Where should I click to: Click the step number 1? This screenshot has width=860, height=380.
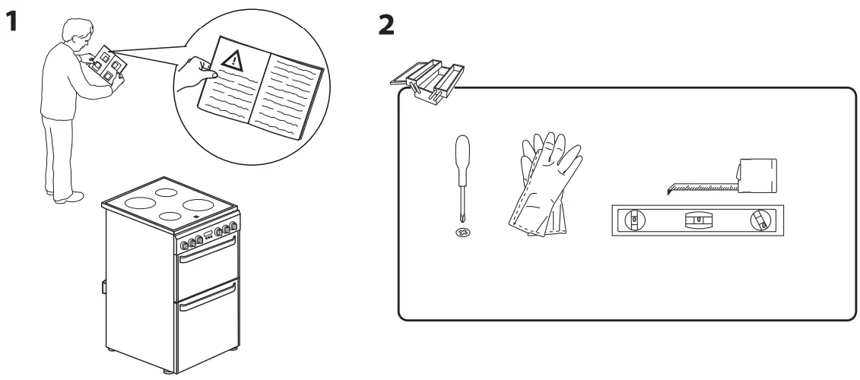coord(10,23)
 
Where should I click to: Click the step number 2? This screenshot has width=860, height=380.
coord(386,25)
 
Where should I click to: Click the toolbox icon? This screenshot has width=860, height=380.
coord(427,78)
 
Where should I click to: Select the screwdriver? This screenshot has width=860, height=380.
coord(460,176)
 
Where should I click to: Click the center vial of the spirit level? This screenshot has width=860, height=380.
coord(696,220)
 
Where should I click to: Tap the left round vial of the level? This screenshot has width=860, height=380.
coord(631,221)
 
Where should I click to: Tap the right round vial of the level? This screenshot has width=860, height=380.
coord(760,220)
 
